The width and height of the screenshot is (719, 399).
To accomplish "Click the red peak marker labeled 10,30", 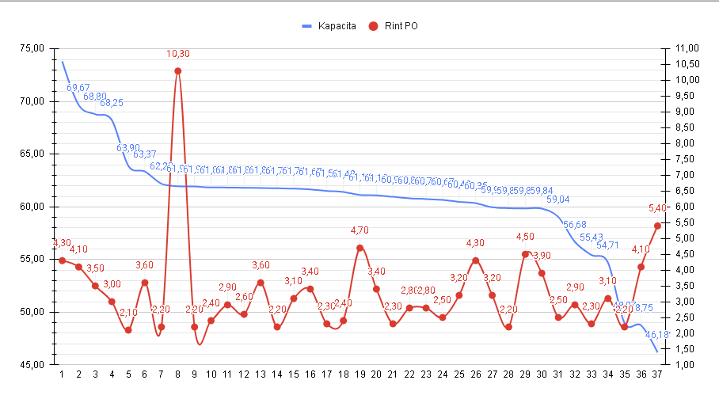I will click(177, 71).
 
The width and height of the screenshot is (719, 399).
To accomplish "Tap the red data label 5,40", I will click(658, 208).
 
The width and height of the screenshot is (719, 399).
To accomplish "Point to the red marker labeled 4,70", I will click(359, 248).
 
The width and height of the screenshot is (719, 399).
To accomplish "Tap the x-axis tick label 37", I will click(656, 375).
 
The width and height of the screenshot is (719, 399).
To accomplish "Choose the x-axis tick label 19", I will click(359, 375).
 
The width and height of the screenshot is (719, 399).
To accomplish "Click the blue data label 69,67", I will click(78, 88).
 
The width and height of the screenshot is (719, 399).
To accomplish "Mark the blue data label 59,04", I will click(558, 199).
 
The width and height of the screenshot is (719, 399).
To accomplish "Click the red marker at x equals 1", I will click(62, 260).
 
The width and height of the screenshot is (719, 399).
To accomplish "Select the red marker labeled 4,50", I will click(525, 254).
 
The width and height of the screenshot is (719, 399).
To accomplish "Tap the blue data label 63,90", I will click(128, 148).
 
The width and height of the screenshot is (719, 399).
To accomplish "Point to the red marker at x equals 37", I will click(657, 226).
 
